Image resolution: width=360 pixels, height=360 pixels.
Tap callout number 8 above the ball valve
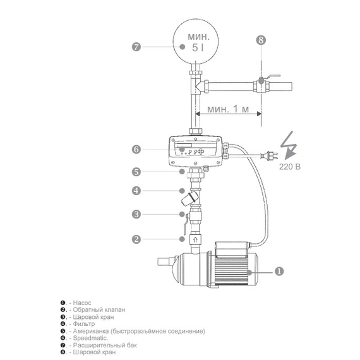(261, 40)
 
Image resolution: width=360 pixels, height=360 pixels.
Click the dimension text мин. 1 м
(228, 109)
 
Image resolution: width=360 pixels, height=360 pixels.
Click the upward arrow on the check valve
(195, 239)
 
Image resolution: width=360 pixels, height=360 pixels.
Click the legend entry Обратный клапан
(100, 310)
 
